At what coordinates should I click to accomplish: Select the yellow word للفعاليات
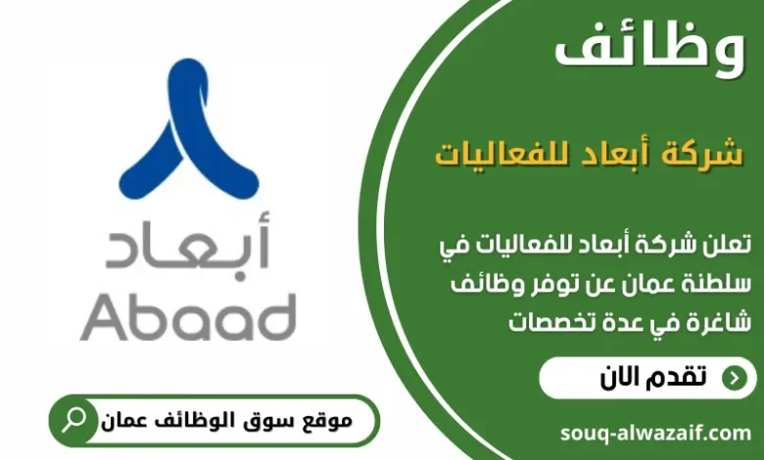[490, 155]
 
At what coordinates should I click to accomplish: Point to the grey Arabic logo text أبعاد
[188, 251]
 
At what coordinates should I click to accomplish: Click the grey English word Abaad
[188, 316]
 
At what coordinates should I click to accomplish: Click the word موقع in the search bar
[325, 422]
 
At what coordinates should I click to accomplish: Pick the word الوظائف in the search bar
[195, 422]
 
